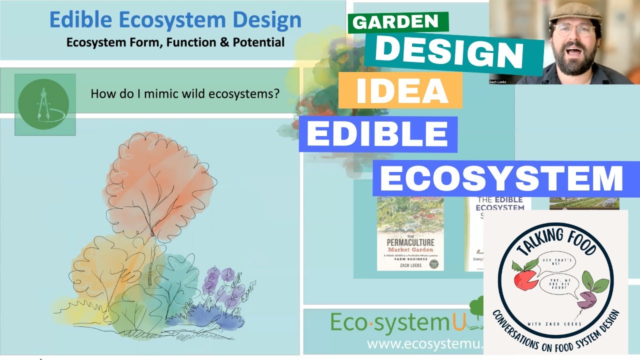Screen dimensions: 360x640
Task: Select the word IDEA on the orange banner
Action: (400, 90)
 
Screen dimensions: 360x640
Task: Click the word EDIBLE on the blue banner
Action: (377, 133)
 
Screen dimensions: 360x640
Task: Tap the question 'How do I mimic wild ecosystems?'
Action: (184, 93)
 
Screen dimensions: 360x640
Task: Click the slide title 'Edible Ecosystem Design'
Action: (175, 20)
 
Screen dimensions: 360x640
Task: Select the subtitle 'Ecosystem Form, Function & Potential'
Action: (175, 42)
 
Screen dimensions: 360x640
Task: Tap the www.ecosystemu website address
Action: (425, 344)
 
